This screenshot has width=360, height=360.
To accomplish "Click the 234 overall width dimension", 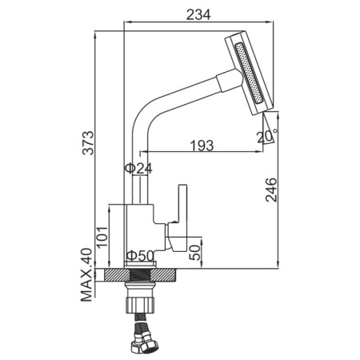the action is pos(198,14).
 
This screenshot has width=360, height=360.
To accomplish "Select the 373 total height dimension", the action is pos(88,142).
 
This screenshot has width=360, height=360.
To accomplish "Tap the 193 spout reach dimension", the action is pos(202,146).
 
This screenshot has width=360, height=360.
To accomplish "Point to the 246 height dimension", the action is pos(271,190).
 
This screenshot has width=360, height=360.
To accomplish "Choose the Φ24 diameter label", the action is pos(138,169).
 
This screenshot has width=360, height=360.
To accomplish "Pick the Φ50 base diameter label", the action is pos(140,256).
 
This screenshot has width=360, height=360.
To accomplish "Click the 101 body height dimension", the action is pos(102,238).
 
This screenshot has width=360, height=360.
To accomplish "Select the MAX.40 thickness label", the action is pos(86,275).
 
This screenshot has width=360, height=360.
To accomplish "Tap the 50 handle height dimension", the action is pos(194,252).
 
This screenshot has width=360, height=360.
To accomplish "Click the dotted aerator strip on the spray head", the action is pos(249,73).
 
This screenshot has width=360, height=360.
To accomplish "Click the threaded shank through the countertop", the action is pos(140,275).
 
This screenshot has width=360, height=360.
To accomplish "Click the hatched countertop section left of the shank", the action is pos(117,275).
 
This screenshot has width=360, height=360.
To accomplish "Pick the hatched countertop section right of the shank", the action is pos(162,275).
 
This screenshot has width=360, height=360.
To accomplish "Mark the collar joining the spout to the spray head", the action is pos(229,81).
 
